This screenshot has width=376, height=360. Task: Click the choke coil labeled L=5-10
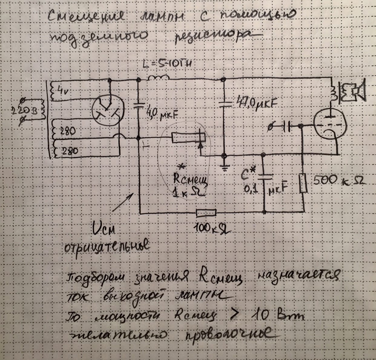coord(158,78)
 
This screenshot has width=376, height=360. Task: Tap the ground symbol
coord(224,168)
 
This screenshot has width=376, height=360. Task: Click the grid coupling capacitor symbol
coord(286,126)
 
